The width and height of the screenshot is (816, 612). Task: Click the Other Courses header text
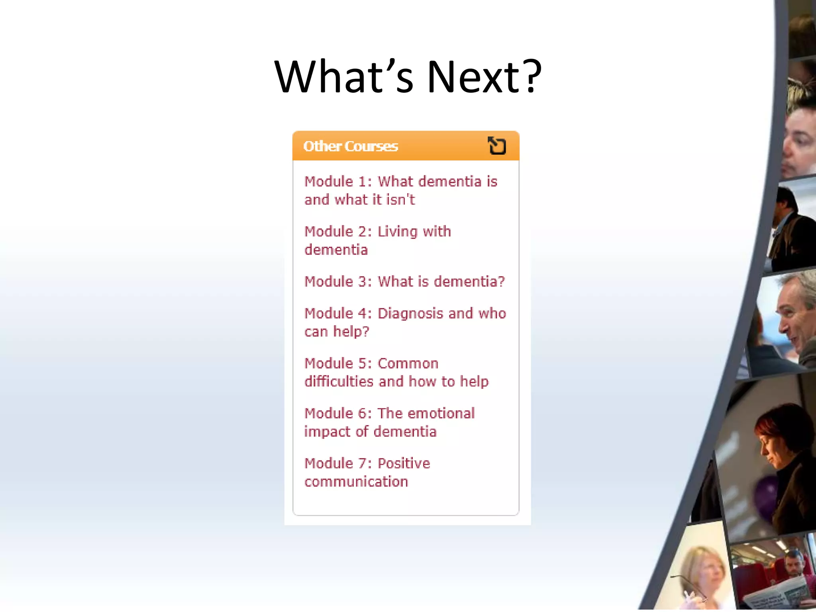350,146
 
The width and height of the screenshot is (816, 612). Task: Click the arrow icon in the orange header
497,145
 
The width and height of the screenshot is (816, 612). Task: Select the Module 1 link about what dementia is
400,190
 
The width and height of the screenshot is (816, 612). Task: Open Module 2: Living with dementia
377,240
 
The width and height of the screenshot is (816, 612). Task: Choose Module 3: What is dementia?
404,281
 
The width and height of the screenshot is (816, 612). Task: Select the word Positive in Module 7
404,463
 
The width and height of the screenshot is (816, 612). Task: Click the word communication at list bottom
356,482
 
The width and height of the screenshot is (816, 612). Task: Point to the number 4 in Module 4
362,314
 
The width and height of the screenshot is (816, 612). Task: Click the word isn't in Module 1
400,200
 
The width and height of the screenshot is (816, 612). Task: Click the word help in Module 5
474,382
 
